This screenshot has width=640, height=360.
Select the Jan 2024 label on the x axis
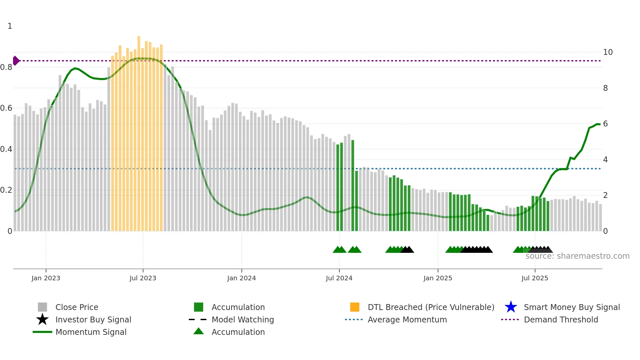241,278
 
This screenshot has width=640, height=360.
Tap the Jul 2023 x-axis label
143,278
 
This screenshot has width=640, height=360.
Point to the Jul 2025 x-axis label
535,278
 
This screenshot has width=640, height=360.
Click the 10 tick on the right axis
608,52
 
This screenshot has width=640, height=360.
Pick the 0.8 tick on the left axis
6,67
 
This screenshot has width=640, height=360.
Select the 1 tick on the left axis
10,26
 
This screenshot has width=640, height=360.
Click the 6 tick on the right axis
605,124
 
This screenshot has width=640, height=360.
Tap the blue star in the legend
511,307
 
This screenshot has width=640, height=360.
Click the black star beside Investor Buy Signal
42,319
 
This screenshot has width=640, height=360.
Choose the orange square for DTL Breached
355,307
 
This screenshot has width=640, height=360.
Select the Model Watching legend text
243,319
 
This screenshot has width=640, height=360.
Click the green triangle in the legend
199,331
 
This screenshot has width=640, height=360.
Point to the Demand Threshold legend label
561,319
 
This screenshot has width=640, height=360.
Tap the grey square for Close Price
42,307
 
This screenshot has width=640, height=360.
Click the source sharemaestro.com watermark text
577,256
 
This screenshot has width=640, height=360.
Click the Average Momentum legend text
407,319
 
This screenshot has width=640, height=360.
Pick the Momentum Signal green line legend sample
42,332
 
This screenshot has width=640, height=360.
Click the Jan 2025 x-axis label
438,278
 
